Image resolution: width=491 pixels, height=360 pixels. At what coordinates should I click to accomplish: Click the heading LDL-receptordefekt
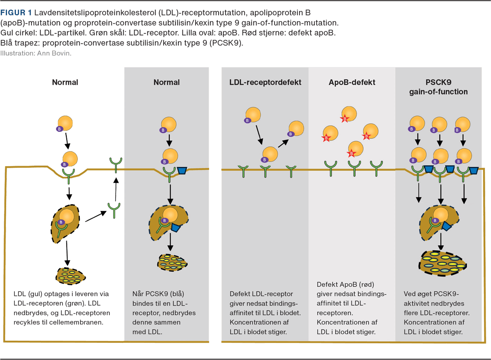tap(265, 82)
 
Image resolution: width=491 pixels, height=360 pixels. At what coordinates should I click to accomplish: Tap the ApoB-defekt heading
tap(352, 82)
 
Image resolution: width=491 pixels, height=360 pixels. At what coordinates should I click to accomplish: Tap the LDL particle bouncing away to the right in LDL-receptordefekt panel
tap(296, 129)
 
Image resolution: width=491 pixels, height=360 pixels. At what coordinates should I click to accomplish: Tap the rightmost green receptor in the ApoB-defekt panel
tap(376, 168)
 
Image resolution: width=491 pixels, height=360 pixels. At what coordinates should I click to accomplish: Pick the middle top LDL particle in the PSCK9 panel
tap(439, 124)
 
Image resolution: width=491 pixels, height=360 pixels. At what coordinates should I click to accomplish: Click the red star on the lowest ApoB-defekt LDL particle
tap(351, 153)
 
